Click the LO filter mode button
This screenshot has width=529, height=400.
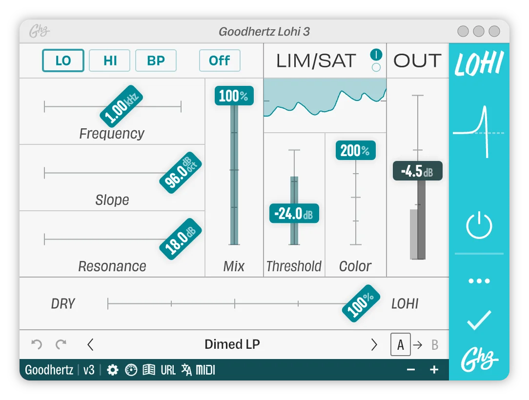[63, 60]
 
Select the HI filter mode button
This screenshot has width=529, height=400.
[110, 60]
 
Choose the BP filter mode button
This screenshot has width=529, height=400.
[156, 60]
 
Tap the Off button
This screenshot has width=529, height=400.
[220, 60]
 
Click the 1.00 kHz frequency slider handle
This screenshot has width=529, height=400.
[122, 106]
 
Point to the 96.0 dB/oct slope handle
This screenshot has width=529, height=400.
[181, 172]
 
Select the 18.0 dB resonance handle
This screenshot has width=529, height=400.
[181, 239]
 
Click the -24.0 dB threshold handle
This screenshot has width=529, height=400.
[294, 213]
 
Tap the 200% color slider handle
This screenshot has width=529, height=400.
[356, 150]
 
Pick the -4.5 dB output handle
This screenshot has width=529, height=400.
[417, 171]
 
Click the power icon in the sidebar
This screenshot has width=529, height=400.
[479, 225]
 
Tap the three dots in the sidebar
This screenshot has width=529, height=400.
[479, 280]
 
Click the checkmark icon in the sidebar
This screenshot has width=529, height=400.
[479, 320]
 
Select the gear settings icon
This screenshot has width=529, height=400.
[112, 370]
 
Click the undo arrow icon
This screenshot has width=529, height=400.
[37, 344]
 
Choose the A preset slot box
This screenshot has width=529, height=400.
[401, 344]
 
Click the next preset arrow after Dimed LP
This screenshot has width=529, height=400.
[374, 345]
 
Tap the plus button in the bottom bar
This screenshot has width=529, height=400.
[434, 370]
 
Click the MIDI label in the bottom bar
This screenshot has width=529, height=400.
[205, 370]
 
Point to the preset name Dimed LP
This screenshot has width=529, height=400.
[232, 344]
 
